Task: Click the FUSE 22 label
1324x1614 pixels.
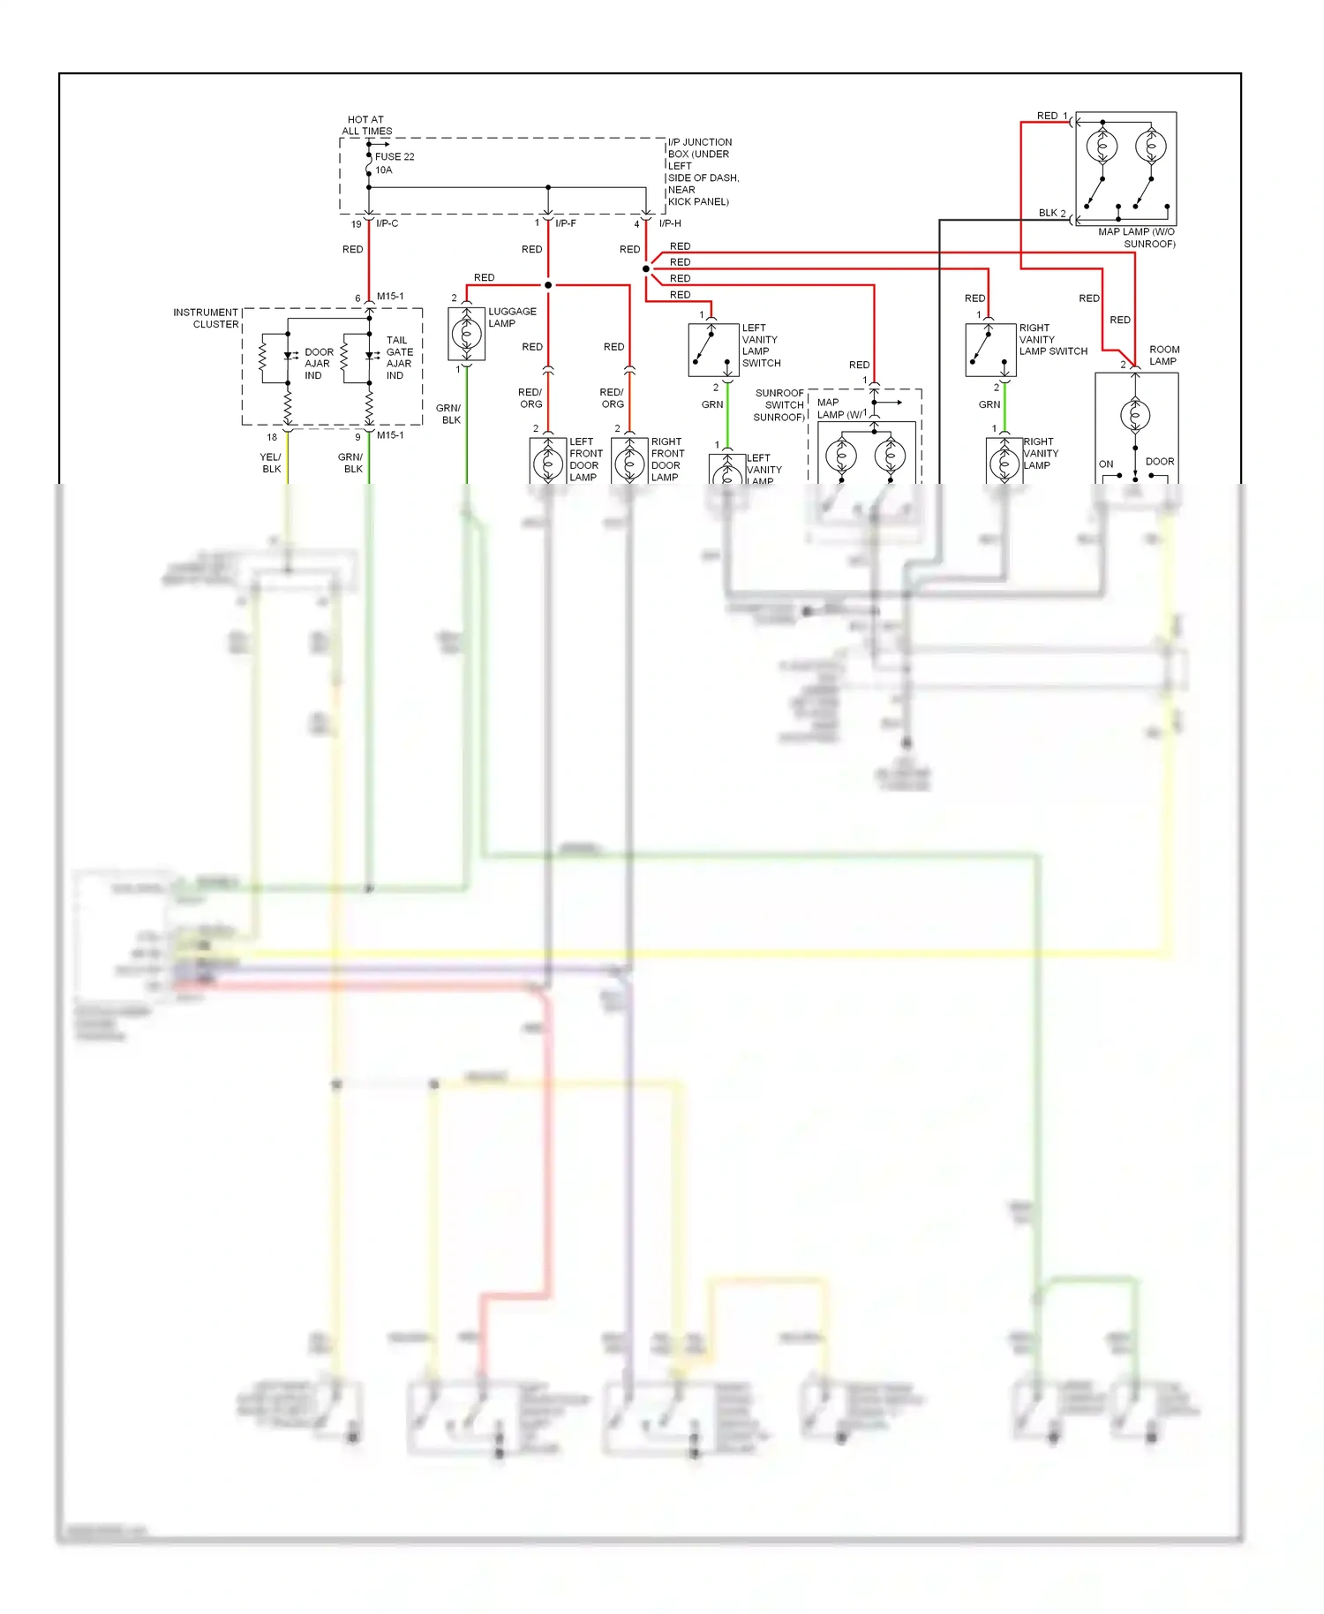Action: (394, 157)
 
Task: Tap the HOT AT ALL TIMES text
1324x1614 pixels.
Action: (366, 125)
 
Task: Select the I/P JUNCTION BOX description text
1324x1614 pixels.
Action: (703, 172)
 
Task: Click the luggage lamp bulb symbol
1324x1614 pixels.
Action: (466, 335)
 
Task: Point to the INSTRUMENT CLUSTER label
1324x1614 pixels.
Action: (206, 319)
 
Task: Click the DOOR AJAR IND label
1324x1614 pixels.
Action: (318, 364)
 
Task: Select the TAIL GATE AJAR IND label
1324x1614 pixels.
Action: (398, 358)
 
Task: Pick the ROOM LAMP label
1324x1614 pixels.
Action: (1163, 355)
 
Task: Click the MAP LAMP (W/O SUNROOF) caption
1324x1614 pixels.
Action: (1137, 238)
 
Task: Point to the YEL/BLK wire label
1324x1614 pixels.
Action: (271, 463)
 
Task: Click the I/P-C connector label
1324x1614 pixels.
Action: (387, 223)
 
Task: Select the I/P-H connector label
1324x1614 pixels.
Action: (670, 223)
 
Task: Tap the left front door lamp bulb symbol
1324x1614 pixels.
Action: (548, 463)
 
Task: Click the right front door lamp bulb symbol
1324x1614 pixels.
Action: (629, 463)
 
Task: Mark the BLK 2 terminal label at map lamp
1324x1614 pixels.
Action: (1051, 213)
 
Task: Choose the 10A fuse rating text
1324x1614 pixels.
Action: (383, 170)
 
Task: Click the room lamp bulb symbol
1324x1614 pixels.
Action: (1135, 415)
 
